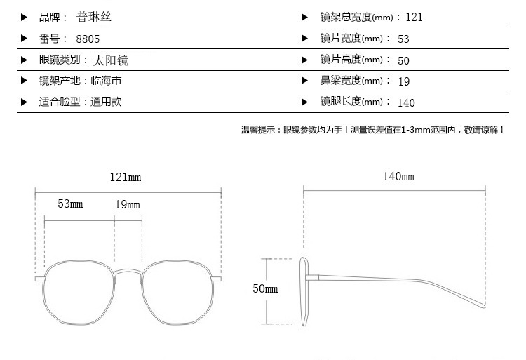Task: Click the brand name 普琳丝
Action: pyautogui.click(x=94, y=17)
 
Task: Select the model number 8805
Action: pyautogui.click(x=88, y=39)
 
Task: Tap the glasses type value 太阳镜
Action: pyautogui.click(x=111, y=60)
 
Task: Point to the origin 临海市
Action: pyautogui.click(x=106, y=81)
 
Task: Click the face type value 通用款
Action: pyautogui.click(x=106, y=102)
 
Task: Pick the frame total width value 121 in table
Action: pyautogui.click(x=414, y=17)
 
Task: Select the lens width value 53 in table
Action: pyautogui.click(x=403, y=39)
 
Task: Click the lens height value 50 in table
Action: pyautogui.click(x=403, y=61)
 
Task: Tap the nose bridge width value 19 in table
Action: pyautogui.click(x=404, y=81)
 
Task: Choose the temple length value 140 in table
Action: pyautogui.click(x=406, y=102)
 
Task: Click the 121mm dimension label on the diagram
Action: pyautogui.click(x=126, y=177)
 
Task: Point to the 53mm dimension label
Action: pyautogui.click(x=70, y=204)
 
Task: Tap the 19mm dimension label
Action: pyautogui.click(x=128, y=204)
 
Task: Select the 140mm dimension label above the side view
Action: pyautogui.click(x=398, y=176)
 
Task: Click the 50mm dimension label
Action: pyautogui.click(x=265, y=288)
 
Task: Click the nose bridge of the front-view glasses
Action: pyautogui.click(x=128, y=272)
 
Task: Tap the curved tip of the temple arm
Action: pyautogui.click(x=483, y=305)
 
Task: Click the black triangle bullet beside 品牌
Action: pyautogui.click(x=24, y=17)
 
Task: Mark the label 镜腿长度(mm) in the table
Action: pyautogui.click(x=351, y=101)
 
